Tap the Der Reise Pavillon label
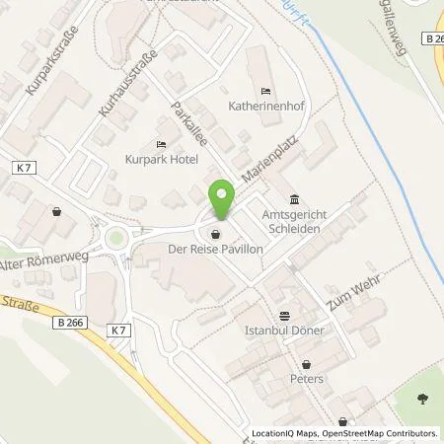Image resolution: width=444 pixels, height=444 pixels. pyautogui.click(x=215, y=250)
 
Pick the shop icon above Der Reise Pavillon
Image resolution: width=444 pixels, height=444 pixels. pyautogui.click(x=215, y=235)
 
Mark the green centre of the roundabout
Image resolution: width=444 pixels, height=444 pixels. pyautogui.click(x=119, y=240)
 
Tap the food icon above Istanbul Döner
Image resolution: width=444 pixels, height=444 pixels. pyautogui.click(x=285, y=317)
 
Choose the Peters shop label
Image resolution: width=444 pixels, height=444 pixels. pyautogui.click(x=307, y=378)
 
